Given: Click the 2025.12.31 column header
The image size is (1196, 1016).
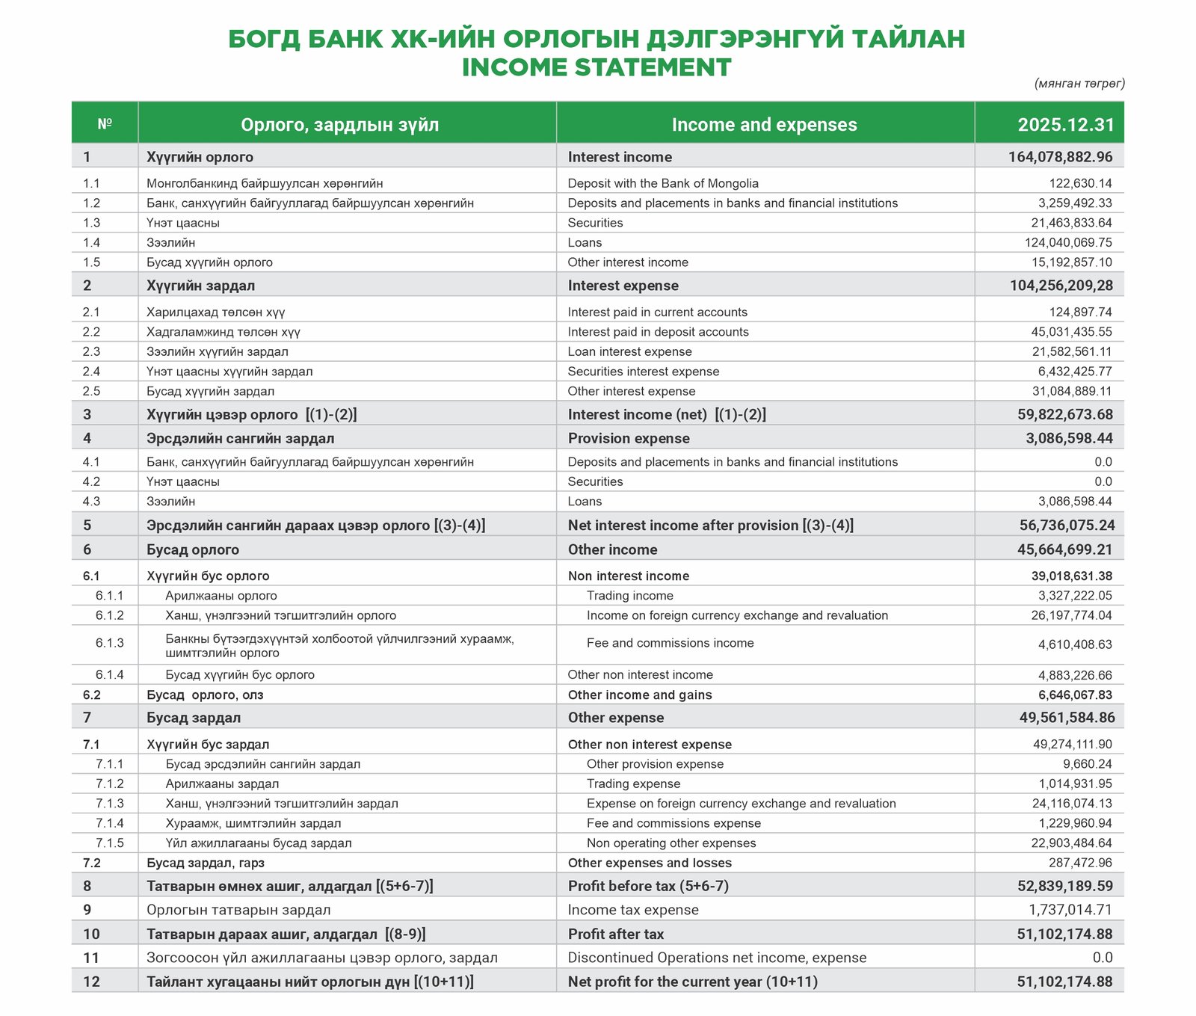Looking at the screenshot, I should [x=1065, y=125].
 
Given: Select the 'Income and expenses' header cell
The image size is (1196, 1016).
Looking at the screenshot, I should [x=764, y=125].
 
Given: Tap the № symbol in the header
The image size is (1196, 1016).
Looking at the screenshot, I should [x=105, y=124].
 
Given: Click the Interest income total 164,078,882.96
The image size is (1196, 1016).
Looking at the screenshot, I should [x=1060, y=157].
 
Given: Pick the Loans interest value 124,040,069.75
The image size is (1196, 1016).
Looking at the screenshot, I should [x=1068, y=242].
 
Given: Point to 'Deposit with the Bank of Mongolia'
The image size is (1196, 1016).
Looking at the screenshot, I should [x=662, y=183].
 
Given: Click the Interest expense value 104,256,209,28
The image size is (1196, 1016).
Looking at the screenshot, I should [x=1061, y=286].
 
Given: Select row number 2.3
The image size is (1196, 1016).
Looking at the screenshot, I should [x=91, y=351].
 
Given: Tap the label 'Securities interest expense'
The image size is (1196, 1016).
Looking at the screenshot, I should [x=643, y=372].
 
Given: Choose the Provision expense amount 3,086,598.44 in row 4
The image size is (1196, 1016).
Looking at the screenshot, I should [x=1068, y=438].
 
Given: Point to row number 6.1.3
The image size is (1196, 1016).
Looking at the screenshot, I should [x=109, y=643].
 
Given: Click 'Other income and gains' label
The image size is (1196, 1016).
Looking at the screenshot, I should [x=639, y=695].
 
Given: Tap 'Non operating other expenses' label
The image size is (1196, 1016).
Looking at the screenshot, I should [x=671, y=843].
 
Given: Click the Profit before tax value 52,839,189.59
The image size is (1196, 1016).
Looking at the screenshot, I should [x=1064, y=886].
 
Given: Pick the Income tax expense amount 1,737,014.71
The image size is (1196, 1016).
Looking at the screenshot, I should [x=1070, y=910].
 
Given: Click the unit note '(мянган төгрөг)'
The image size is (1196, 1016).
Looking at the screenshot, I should [x=1079, y=84].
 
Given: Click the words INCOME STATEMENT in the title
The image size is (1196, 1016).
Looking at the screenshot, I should [x=596, y=67].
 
